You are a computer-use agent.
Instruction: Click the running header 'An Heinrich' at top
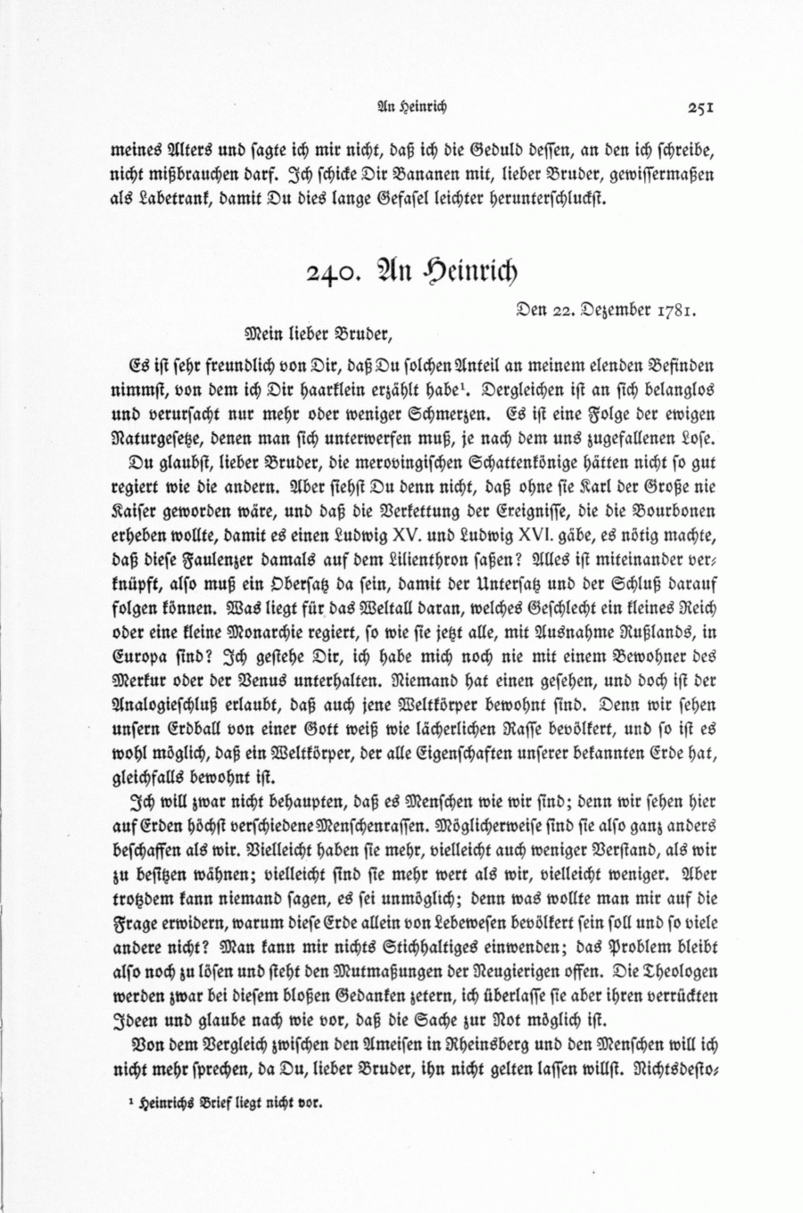coord(413,109)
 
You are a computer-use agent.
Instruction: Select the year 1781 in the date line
coord(676,312)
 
